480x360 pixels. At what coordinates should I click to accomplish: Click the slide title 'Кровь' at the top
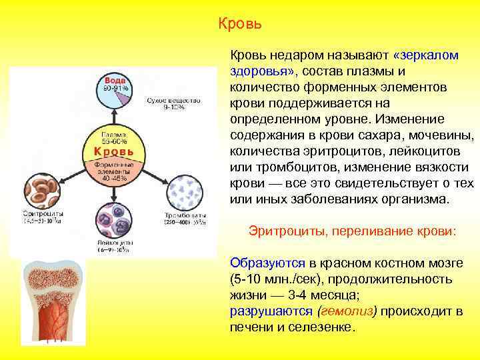click(x=240, y=25)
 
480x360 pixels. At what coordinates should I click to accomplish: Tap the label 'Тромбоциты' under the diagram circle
click(x=185, y=217)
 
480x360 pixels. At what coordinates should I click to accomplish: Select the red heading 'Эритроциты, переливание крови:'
click(x=352, y=231)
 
